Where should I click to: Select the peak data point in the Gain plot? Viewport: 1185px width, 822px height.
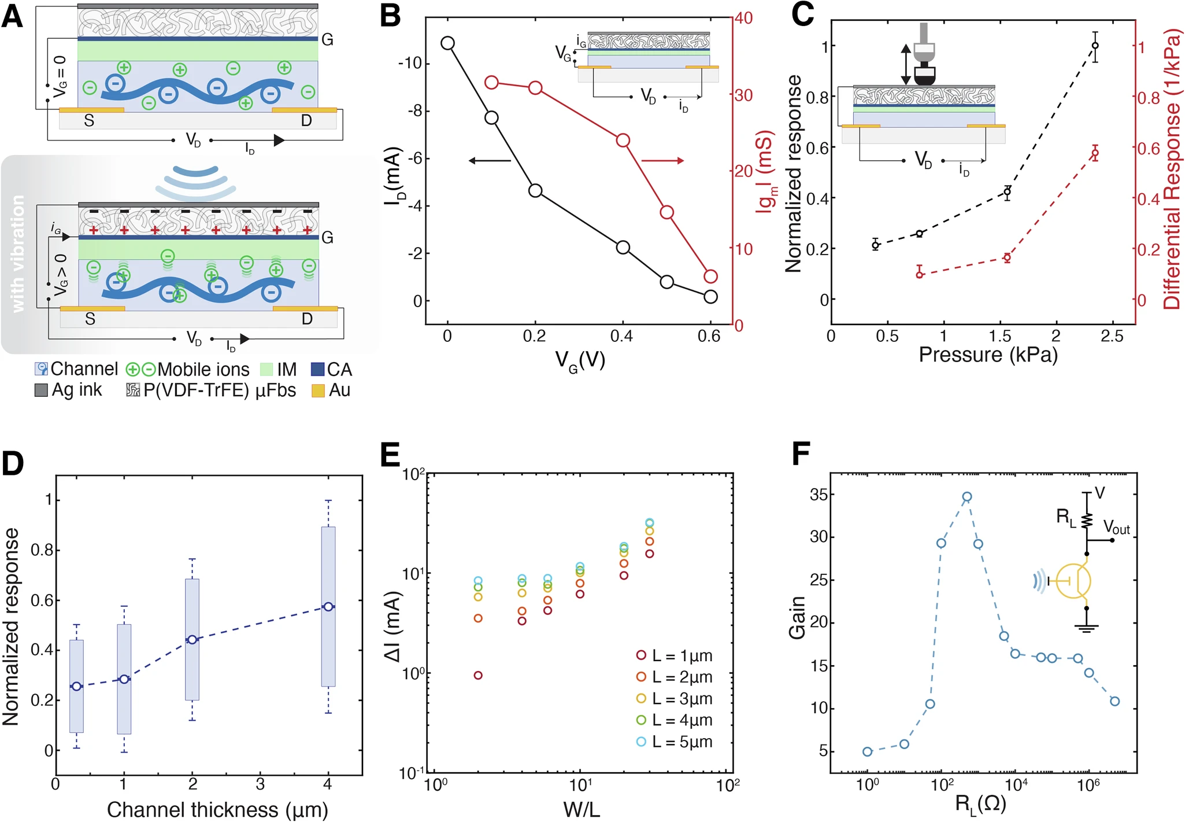click(x=966, y=497)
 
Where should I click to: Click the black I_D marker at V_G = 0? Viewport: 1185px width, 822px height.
click(x=447, y=43)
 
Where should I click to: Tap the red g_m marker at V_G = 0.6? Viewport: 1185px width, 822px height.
click(x=711, y=276)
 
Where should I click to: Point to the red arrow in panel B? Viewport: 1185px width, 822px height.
click(x=662, y=161)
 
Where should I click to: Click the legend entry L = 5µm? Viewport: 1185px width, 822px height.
click(x=675, y=742)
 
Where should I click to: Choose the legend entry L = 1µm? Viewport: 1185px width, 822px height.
click(x=675, y=656)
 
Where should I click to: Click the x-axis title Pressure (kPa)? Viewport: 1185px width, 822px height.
click(x=988, y=355)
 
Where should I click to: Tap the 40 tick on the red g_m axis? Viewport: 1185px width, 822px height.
click(x=743, y=19)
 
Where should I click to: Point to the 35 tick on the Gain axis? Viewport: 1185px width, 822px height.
click(x=819, y=495)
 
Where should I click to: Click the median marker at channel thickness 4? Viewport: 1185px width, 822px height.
click(x=328, y=607)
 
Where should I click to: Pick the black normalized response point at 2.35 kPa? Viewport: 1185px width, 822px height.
click(x=1095, y=45)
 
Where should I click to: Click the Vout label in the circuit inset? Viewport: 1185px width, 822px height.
click(x=1116, y=528)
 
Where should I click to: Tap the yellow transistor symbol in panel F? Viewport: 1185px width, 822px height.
click(x=1073, y=581)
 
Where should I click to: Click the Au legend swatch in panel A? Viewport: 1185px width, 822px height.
click(x=318, y=391)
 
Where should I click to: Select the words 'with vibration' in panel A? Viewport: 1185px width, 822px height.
click(x=18, y=254)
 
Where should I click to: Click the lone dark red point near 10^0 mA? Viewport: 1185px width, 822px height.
click(x=478, y=675)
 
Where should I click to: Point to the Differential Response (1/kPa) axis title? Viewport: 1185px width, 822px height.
click(x=1172, y=171)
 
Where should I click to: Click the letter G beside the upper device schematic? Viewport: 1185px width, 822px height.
click(x=327, y=40)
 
